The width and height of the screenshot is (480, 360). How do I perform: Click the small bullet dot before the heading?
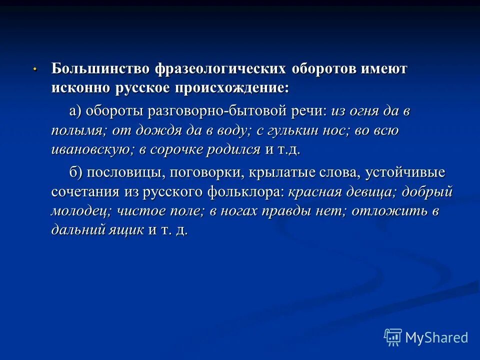pos(34,69)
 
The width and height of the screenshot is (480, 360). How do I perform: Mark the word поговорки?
pos(206,173)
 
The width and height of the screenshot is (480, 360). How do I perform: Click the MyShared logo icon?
pos(393,337)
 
